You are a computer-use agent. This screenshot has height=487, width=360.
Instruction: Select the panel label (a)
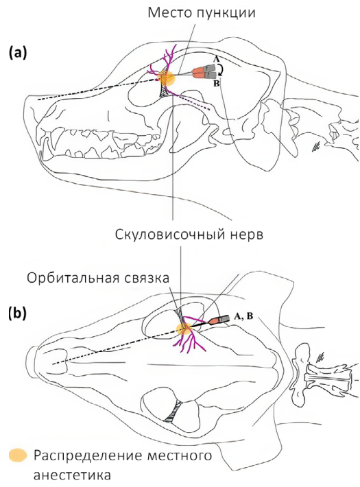click(18, 53)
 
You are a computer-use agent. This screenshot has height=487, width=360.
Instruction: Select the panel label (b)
click(18, 313)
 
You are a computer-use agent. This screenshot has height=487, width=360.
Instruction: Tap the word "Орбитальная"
click(69, 278)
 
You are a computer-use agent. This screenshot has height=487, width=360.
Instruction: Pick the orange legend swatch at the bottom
click(18, 455)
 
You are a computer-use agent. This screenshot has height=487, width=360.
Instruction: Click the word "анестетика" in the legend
click(72, 475)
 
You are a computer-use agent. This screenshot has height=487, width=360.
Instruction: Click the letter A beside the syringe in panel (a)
click(216, 59)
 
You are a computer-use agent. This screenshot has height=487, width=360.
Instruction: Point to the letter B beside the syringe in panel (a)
click(217, 83)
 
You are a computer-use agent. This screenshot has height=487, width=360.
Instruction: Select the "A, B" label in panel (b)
click(244, 316)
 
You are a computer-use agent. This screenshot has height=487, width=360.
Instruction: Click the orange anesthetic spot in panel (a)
click(166, 78)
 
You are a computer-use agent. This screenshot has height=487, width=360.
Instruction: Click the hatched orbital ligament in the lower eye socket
click(173, 412)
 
